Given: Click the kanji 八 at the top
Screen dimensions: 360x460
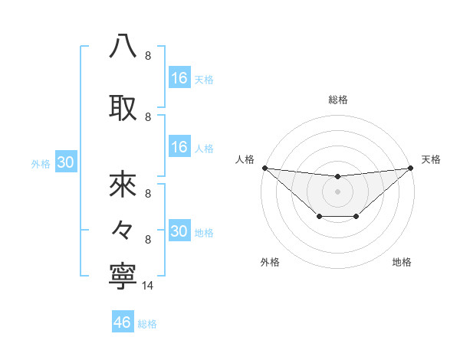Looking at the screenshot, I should [x=123, y=46].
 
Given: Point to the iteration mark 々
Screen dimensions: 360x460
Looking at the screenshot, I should [x=123, y=229].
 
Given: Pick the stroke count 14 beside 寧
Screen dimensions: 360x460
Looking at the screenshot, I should [x=148, y=286].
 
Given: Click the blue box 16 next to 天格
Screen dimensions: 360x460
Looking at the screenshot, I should [x=179, y=78].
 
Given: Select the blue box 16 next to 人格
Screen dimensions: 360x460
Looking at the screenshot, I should [x=179, y=148].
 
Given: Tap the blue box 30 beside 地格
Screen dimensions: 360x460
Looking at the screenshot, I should [x=179, y=231].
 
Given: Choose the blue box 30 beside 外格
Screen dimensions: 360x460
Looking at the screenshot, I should [x=65, y=162].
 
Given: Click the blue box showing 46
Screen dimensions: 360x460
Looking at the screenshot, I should [x=123, y=322].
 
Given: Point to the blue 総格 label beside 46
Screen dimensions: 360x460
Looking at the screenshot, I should [x=147, y=324].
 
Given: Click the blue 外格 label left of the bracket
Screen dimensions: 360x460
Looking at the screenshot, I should [x=41, y=163].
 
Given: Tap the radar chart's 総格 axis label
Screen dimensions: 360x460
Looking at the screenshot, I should [x=337, y=100].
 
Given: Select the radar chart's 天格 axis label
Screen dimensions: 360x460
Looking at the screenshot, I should [x=431, y=159].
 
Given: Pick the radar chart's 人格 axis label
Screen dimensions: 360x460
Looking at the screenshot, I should [x=245, y=159].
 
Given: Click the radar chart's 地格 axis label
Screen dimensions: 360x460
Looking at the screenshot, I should [x=402, y=263].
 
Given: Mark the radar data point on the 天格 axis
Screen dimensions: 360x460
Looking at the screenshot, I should [x=411, y=168].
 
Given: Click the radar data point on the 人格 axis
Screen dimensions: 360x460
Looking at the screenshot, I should [x=264, y=168].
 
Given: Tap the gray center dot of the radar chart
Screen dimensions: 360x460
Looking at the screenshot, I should [x=337, y=191].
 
